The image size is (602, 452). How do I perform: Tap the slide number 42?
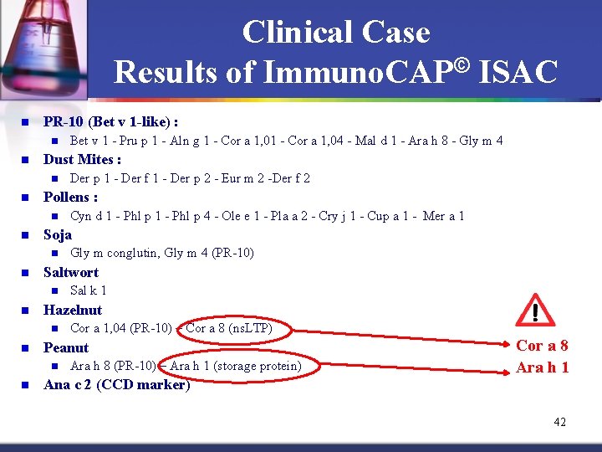click(x=559, y=422)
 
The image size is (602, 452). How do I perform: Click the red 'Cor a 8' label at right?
click(x=542, y=346)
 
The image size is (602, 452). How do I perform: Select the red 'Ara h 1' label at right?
click(x=542, y=367)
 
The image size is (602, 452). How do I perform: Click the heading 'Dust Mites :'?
click(x=82, y=159)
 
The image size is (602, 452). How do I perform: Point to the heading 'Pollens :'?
click(x=70, y=197)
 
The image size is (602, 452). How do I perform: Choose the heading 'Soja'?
click(x=58, y=234)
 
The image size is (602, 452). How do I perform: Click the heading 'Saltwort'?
click(x=70, y=272)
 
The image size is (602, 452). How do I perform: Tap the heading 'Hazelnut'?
click(x=73, y=310)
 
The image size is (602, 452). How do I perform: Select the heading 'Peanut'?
click(x=66, y=347)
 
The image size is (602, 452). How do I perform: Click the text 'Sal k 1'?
click(x=88, y=290)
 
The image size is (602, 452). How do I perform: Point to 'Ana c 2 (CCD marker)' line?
click(x=116, y=385)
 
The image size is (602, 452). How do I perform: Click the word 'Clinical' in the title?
click(x=295, y=33)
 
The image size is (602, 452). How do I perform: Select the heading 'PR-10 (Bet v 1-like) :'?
click(x=110, y=121)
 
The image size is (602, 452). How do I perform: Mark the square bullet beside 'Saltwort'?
click(x=25, y=273)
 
